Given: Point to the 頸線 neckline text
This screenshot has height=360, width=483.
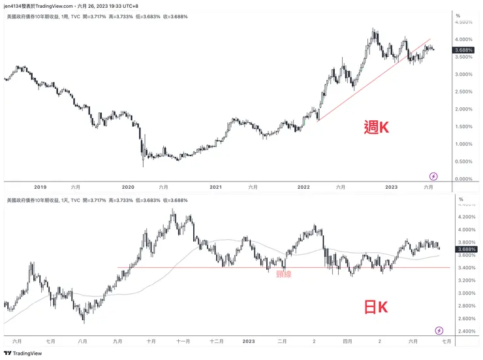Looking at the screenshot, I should (283, 274).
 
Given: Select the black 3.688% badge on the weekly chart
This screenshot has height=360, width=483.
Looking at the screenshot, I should (465, 50).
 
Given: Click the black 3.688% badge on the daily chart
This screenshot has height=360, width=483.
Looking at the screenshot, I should (465, 249).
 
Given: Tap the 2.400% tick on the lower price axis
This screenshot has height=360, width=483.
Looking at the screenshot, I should (465, 331).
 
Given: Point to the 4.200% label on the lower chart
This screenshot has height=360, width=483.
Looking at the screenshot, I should (465, 217).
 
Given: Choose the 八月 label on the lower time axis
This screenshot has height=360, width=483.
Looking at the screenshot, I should (82, 341).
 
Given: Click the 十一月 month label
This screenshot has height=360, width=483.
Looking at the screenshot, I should (183, 341).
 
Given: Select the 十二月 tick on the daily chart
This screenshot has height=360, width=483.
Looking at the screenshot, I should (217, 341).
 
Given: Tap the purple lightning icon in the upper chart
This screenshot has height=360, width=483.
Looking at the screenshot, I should (433, 176).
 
